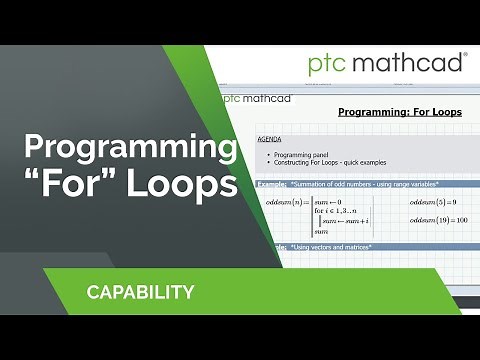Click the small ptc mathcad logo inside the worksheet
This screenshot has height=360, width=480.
point(253,98)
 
